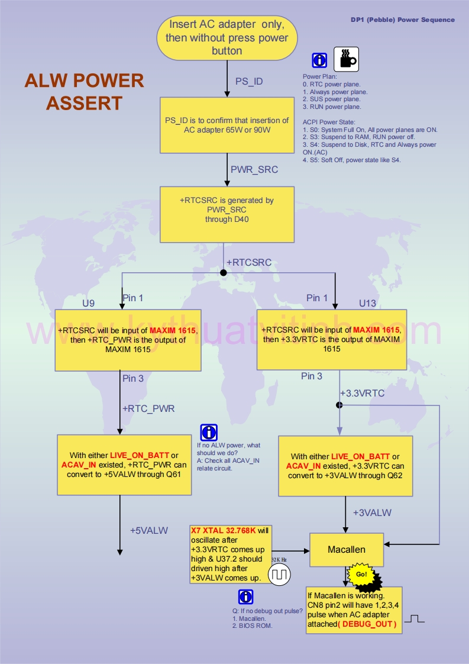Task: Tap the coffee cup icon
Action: (346, 59)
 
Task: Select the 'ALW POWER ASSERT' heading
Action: (84, 92)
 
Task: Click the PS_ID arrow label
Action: (249, 82)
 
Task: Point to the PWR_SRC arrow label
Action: (254, 169)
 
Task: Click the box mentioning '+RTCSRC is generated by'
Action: (227, 214)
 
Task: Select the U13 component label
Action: (367, 303)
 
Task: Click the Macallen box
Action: (347, 550)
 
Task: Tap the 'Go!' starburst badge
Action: (361, 575)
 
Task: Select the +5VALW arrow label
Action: (149, 530)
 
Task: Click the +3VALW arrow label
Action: (372, 512)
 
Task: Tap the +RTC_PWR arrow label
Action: (148, 408)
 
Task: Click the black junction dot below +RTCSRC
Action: (224, 273)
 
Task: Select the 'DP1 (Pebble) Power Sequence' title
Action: (402, 20)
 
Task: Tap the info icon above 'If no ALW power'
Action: (209, 433)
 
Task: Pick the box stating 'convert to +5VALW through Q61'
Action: (124, 465)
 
